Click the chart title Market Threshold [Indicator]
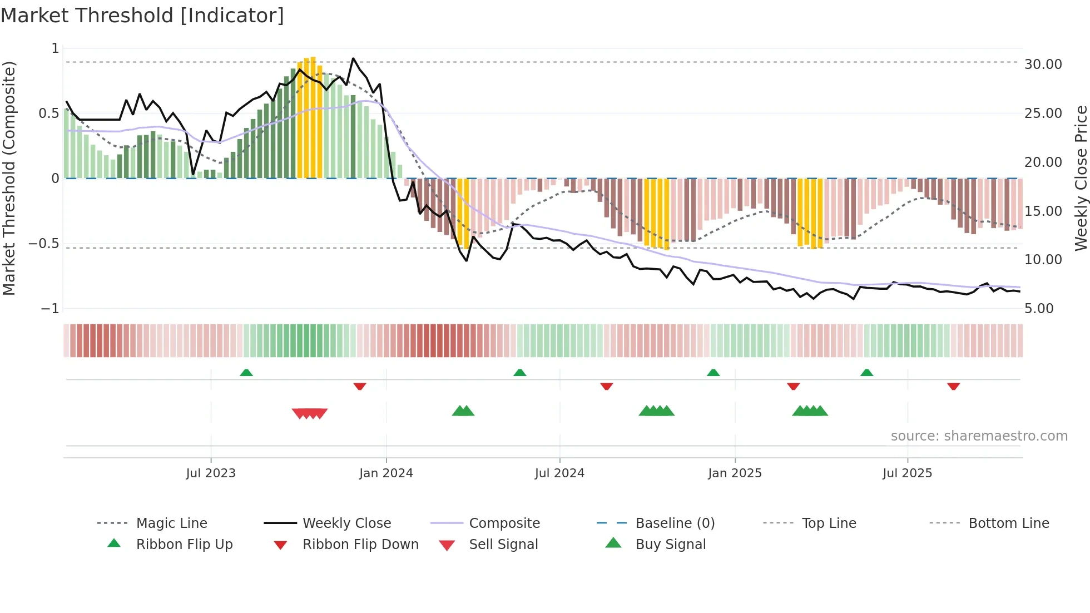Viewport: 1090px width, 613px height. coord(142,16)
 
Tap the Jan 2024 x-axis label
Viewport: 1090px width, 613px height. coord(386,473)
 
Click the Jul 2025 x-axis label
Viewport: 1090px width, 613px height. coord(907,473)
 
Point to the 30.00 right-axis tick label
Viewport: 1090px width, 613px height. coord(1043,65)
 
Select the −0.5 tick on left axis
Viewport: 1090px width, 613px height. coord(43,244)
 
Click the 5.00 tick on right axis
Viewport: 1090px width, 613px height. coord(1038,309)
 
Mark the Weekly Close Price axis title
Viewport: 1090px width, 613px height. coord(1081,178)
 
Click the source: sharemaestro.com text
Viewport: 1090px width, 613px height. coord(979,436)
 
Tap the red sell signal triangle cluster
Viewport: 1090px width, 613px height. coord(310,413)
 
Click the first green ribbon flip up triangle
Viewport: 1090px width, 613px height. coord(246,372)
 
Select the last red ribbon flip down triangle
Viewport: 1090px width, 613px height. coord(953,386)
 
